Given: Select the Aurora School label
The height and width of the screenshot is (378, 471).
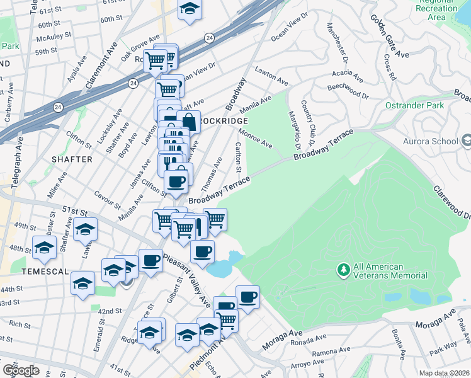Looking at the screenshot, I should point(433,141).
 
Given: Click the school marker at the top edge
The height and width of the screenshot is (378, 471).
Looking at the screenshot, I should point(189,9).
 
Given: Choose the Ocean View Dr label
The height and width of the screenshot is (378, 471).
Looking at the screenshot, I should point(290,26).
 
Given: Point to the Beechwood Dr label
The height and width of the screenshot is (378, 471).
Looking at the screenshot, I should point(348,90).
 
